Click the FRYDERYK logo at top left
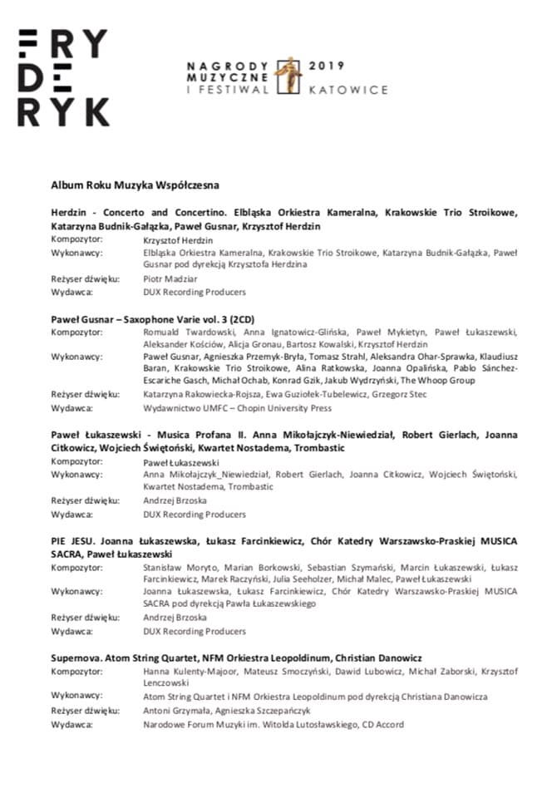(x=63, y=76)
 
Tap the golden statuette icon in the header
(x=288, y=76)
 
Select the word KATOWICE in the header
(x=348, y=87)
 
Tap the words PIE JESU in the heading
(x=69, y=541)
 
